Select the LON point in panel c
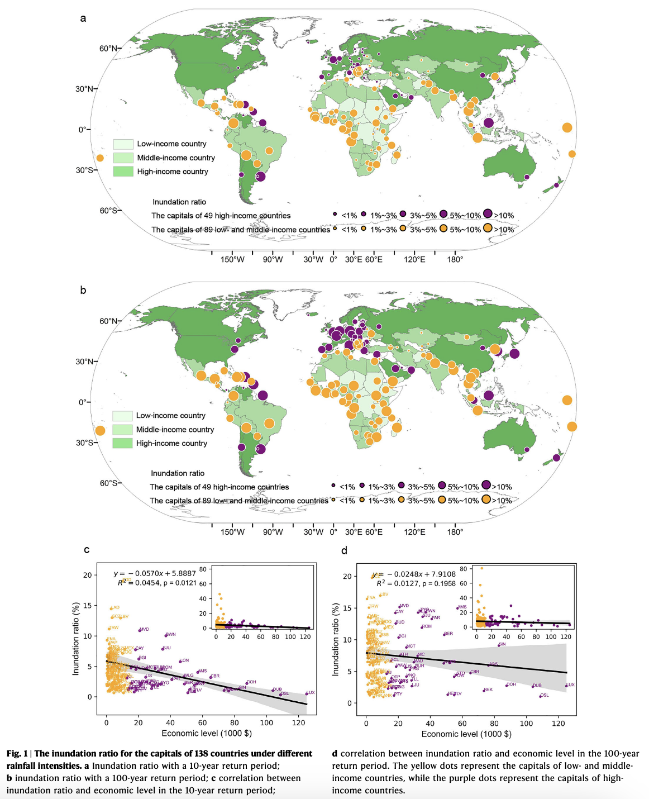[x=180, y=662]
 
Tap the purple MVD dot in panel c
[x=139, y=631]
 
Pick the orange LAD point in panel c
[x=111, y=608]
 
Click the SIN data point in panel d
[x=499, y=645]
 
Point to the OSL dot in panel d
[x=540, y=696]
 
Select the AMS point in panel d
[x=457, y=608]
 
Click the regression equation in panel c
[x=155, y=573]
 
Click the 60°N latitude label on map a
[x=108, y=49]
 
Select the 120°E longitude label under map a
[x=414, y=259]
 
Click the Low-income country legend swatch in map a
[x=123, y=144]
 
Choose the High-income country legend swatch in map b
[x=122, y=443]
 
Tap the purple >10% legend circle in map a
[x=488, y=213]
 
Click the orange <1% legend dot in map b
[x=333, y=500]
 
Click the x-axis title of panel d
[x=466, y=734]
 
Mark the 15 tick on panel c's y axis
[x=88, y=605]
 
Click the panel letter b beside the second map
[x=83, y=290]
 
